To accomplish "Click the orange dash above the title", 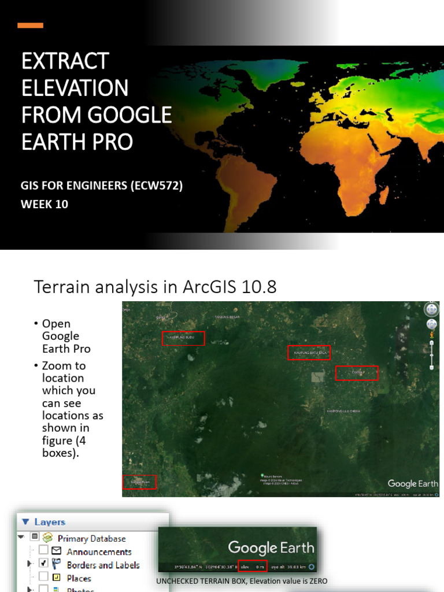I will point(30,25).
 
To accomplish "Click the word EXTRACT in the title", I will point(65,61).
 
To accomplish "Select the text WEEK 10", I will point(45,203).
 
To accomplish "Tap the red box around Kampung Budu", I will point(183,338).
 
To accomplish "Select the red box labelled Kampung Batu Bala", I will point(309,353).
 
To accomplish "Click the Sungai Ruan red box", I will point(139,482).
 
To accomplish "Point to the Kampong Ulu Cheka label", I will point(343,411).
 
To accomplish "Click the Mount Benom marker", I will point(262,476).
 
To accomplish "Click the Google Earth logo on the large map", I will point(413,483).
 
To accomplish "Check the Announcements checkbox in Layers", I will point(43,551).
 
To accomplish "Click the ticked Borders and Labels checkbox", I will point(43,564).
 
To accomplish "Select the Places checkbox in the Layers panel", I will point(43,577).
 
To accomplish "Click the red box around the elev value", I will point(253,567).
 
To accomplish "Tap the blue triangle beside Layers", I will point(25,521).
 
